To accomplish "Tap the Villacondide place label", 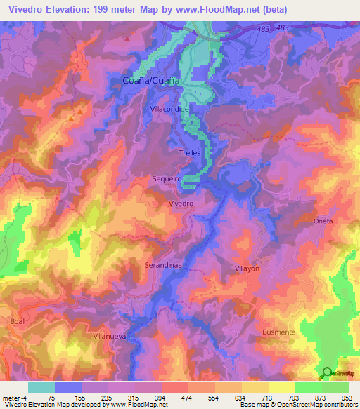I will tap(169, 110).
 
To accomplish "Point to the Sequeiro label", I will tap(167, 179).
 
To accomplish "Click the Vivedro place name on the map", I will tap(181, 204).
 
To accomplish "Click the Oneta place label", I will tap(323, 221).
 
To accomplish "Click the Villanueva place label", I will tap(109, 337).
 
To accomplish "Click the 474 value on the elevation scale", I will tap(186, 397).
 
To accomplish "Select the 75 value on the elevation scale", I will tap(52, 397).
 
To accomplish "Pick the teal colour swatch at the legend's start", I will tap(41, 387).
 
